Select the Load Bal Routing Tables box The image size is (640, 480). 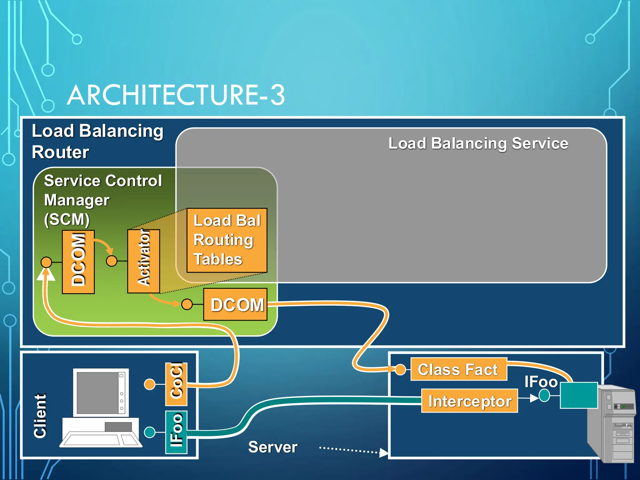click(x=227, y=240)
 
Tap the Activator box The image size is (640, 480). click(x=144, y=261)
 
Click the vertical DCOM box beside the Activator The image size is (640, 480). click(x=78, y=262)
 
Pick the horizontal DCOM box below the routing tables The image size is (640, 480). click(x=235, y=304)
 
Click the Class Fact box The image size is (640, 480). click(x=458, y=369)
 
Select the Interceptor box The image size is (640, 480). click(x=469, y=401)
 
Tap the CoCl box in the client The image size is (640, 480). click(x=176, y=384)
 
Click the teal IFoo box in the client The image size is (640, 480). click(x=176, y=432)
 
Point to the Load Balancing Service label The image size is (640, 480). click(x=478, y=143)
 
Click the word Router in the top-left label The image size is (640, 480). click(x=61, y=152)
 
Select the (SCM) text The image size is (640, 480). click(x=67, y=219)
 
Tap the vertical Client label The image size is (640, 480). click(x=40, y=416)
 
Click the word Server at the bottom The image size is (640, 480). click(x=273, y=447)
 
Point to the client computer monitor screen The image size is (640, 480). click(x=97, y=392)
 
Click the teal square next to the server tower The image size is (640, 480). click(x=579, y=395)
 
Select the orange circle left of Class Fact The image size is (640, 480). click(x=400, y=369)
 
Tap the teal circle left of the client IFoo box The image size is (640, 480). click(x=150, y=432)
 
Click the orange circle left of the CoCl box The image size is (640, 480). click(x=150, y=384)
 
